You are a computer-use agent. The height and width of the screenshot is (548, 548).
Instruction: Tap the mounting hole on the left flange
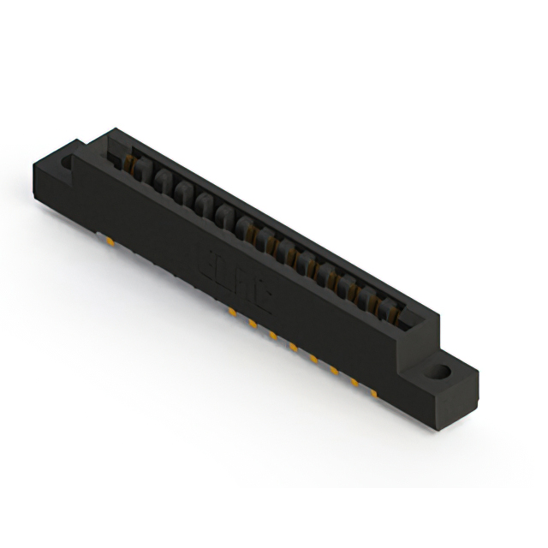tap(67, 159)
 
